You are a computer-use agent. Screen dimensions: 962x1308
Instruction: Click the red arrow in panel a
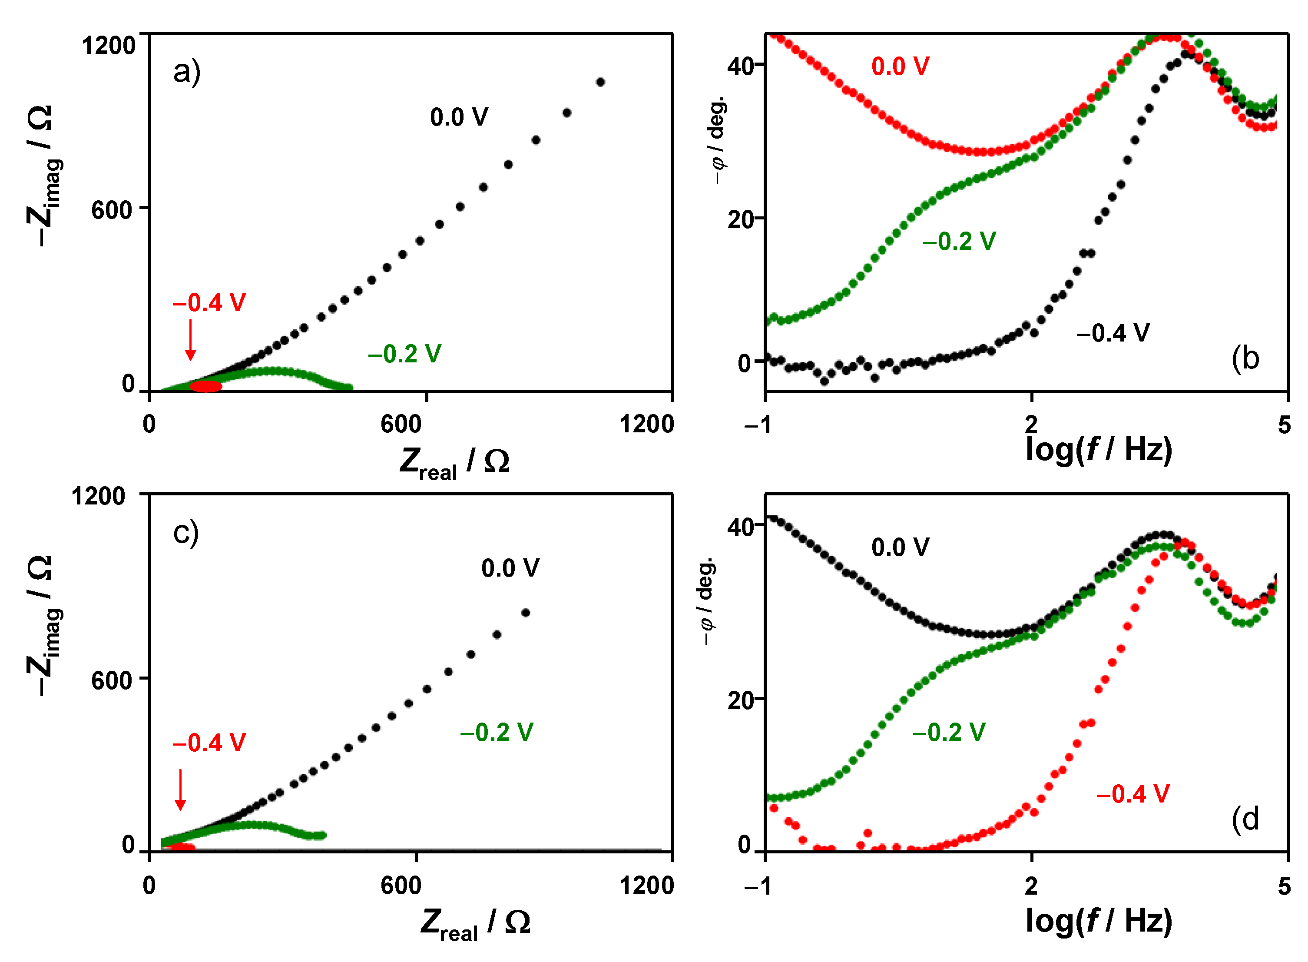click(x=190, y=340)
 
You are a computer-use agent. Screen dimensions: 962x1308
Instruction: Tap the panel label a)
click(x=187, y=72)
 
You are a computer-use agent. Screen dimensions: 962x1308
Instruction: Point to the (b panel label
click(x=1245, y=359)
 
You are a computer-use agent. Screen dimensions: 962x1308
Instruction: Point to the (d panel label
click(x=1245, y=820)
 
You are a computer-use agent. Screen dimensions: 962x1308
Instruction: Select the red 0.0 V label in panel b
click(x=900, y=66)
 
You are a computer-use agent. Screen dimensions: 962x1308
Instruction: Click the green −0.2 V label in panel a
click(x=404, y=353)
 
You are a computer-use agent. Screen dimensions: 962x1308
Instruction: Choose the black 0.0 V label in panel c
click(x=510, y=568)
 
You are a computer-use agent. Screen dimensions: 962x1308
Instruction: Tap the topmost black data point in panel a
click(x=601, y=82)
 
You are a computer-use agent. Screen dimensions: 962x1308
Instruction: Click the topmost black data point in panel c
click(x=526, y=613)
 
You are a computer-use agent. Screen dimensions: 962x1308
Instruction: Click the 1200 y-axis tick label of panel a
click(x=109, y=46)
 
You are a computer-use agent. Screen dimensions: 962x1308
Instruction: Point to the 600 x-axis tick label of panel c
click(x=401, y=886)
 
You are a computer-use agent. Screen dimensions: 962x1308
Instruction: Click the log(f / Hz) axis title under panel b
click(x=1099, y=450)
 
